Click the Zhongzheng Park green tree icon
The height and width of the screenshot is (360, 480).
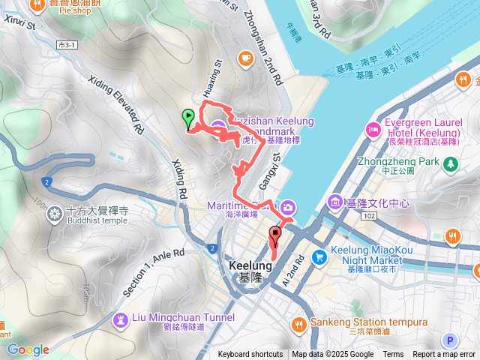point(450,162)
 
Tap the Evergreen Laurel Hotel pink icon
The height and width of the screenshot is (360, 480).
point(373,130)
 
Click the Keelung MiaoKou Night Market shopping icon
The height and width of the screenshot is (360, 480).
point(319,256)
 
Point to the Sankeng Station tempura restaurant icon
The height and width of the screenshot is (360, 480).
point(299,323)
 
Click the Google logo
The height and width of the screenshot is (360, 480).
point(28,349)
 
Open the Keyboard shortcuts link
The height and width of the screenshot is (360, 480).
point(250,355)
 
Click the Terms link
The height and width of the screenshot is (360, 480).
point(393,355)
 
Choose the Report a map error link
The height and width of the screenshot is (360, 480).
point(444,355)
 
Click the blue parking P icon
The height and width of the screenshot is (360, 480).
point(449,340)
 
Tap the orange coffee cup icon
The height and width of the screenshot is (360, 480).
point(245,57)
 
